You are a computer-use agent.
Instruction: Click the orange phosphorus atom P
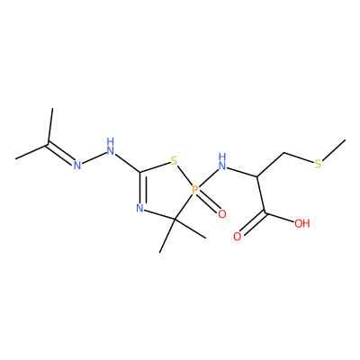(x=195, y=190)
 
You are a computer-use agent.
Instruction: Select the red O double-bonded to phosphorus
(x=221, y=214)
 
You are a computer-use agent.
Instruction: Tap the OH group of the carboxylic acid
(x=301, y=224)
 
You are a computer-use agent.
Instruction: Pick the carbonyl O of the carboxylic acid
(x=237, y=237)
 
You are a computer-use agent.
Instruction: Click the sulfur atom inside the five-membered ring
(x=174, y=161)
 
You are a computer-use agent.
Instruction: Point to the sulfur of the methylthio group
(x=318, y=164)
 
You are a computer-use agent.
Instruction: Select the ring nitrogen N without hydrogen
(x=139, y=208)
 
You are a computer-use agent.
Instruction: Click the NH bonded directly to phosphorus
(x=222, y=161)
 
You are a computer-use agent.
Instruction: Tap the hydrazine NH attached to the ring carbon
(x=111, y=146)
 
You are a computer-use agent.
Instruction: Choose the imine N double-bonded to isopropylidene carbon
(x=77, y=165)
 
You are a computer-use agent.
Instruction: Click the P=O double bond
(x=210, y=202)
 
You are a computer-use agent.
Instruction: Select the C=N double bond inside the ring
(x=141, y=187)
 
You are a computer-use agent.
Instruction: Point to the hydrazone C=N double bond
(x=61, y=154)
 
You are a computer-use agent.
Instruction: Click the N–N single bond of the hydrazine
(x=94, y=158)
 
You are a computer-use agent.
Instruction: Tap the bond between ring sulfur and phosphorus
(x=185, y=176)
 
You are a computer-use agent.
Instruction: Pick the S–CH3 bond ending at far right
(x=333, y=150)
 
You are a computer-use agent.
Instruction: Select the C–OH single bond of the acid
(x=279, y=218)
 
